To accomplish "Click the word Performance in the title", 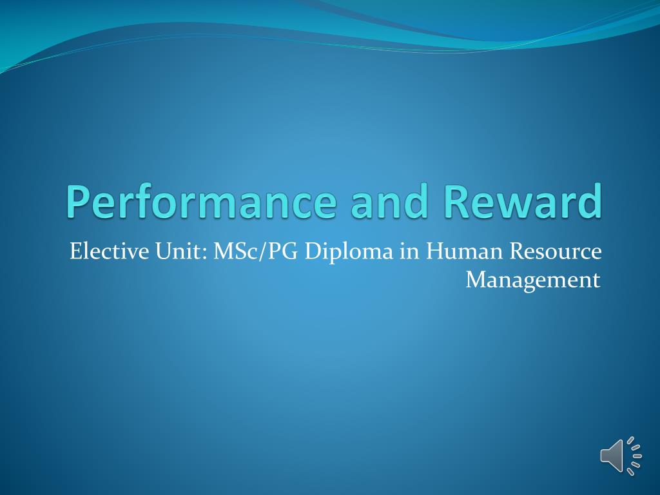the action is [x=202, y=200].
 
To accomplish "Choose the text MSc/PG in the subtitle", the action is [x=257, y=252].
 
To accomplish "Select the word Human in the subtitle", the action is [x=464, y=251].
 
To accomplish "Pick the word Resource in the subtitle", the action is [x=556, y=251].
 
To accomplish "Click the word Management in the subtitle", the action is [x=533, y=280].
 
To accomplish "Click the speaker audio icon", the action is [x=621, y=456].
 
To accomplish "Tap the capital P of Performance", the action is [x=78, y=202].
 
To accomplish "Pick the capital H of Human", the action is [x=436, y=251].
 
